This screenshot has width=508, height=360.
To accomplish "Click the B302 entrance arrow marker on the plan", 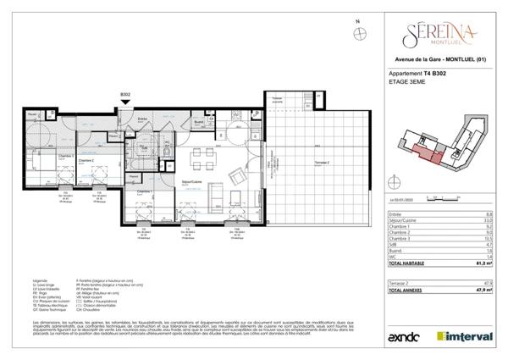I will tap(125, 102).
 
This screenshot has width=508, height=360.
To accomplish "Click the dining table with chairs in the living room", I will tap(202, 156).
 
